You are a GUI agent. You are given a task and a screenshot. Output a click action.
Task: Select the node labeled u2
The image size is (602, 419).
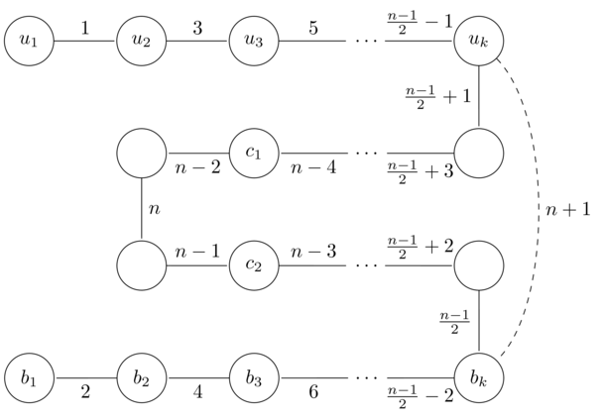pos(142,42)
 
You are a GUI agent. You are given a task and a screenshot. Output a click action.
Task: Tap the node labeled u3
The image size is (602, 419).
pos(255,42)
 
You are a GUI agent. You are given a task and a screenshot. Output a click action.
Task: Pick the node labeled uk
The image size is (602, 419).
pos(479,42)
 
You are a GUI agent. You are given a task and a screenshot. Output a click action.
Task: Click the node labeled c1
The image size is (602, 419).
pos(255,154)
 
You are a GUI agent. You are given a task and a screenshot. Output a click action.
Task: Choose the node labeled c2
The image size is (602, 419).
pos(255,265)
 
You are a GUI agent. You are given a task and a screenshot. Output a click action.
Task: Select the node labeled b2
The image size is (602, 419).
pos(142,377)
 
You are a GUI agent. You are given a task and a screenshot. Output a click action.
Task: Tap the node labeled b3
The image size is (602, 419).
pos(255,377)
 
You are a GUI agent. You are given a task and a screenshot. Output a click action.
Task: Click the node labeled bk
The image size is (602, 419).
pos(479,377)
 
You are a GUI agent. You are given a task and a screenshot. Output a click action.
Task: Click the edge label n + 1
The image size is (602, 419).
pos(567,210)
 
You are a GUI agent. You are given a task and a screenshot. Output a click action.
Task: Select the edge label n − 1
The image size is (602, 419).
pos(198,252)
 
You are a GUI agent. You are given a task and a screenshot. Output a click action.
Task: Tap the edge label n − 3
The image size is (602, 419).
pos(310,252)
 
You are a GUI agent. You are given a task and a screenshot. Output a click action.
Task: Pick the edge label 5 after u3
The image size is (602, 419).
pos(311,27)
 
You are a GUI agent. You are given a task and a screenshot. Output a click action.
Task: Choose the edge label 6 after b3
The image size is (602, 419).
pos(311,393)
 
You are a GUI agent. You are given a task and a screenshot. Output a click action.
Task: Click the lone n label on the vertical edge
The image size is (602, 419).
pos(154,210)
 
